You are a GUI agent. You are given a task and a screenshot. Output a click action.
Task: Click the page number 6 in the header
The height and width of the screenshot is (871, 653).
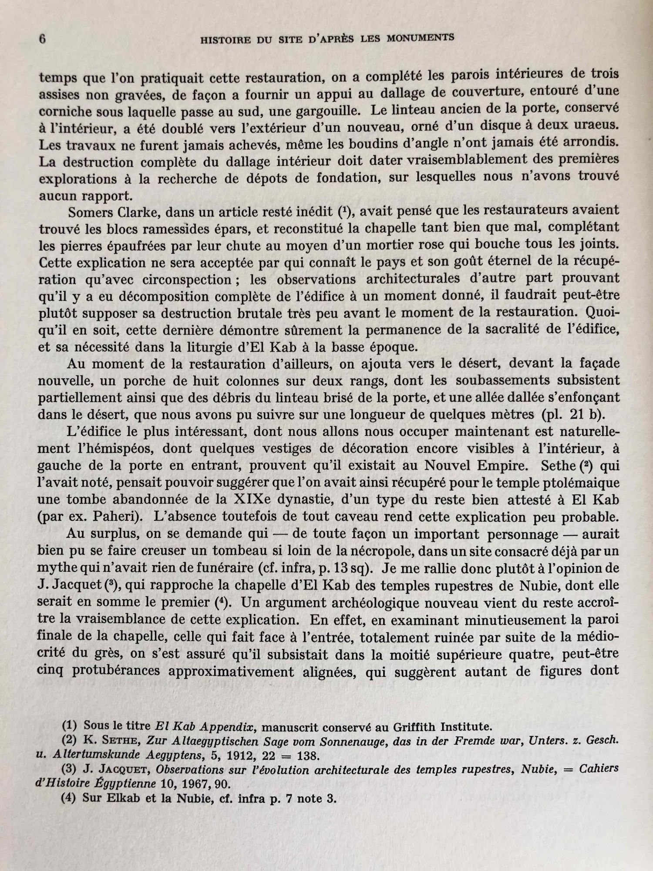click(42, 40)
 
